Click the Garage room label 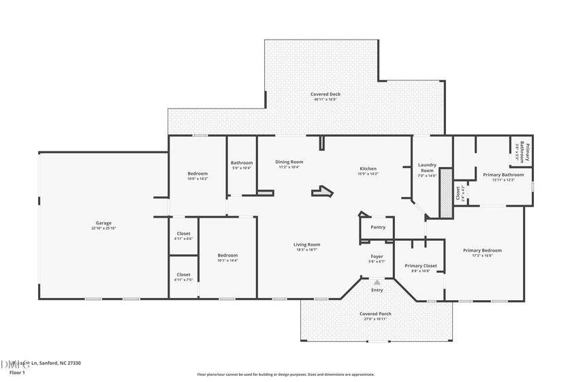click(104, 223)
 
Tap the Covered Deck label click(325, 94)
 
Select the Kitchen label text click(368, 168)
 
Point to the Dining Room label click(289, 162)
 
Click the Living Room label click(306, 244)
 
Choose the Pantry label click(377, 227)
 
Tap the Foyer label click(377, 256)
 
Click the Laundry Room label click(427, 167)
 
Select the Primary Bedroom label click(482, 250)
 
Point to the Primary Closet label click(420, 265)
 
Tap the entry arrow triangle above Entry click(377, 281)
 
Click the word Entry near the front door click(377, 290)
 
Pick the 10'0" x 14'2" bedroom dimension click(197, 179)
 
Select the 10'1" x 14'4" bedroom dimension click(227, 261)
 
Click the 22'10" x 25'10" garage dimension click(104, 228)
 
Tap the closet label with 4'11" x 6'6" click(183, 233)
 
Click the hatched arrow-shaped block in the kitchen click(323, 192)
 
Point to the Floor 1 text click(17, 373)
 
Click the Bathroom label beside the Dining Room click(241, 162)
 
